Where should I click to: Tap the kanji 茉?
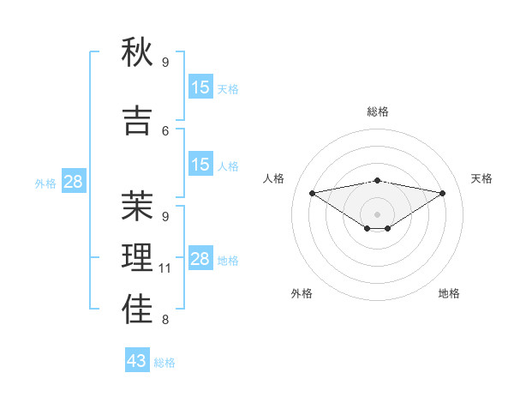[137, 206]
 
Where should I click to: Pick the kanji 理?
[137, 258]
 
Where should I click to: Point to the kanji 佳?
[137, 310]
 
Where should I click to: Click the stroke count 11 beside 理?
[165, 268]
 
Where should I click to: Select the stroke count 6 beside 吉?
[165, 130]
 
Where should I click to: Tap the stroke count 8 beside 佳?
[165, 321]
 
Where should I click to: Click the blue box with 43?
[137, 361]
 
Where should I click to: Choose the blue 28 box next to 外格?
[73, 182]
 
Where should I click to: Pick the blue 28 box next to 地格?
[200, 259]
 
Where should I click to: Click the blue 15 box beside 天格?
[200, 87]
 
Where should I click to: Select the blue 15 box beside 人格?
[200, 165]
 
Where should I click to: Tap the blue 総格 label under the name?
[165, 363]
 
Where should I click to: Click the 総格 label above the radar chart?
[378, 111]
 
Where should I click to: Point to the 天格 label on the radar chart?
[481, 178]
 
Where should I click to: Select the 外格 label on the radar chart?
[302, 293]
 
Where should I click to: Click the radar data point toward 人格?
[312, 193]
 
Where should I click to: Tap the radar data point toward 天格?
[443, 193]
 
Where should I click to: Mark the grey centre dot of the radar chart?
[377, 214]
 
